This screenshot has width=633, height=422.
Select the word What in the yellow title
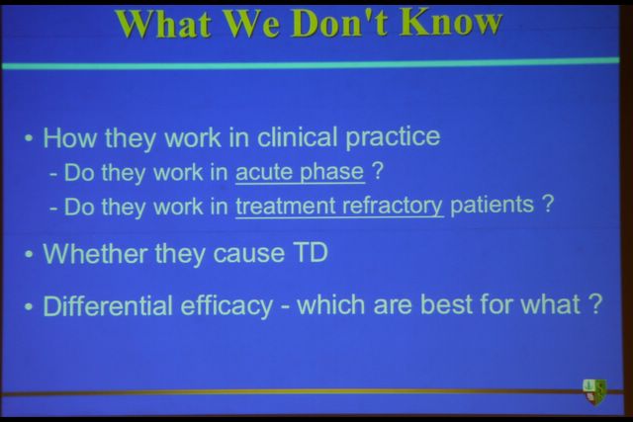164,24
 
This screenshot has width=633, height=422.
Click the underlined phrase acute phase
300,173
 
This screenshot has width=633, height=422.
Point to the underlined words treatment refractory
339,207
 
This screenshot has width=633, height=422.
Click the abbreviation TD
310,253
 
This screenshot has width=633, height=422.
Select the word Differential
108,305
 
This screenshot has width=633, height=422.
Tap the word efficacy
226,305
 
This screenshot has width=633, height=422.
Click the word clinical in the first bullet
297,136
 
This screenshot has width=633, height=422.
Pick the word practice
393,137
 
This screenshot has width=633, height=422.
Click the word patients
492,205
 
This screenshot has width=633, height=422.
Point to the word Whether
95,254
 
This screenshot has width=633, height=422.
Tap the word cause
248,255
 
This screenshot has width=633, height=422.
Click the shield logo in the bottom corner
594,391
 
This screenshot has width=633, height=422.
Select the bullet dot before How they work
29,138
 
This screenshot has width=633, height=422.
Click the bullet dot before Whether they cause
29,255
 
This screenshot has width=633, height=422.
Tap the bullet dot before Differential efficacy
29,306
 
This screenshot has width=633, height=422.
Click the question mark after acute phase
376,171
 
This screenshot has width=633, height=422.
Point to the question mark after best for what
595,303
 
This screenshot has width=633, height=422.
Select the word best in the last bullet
446,303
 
